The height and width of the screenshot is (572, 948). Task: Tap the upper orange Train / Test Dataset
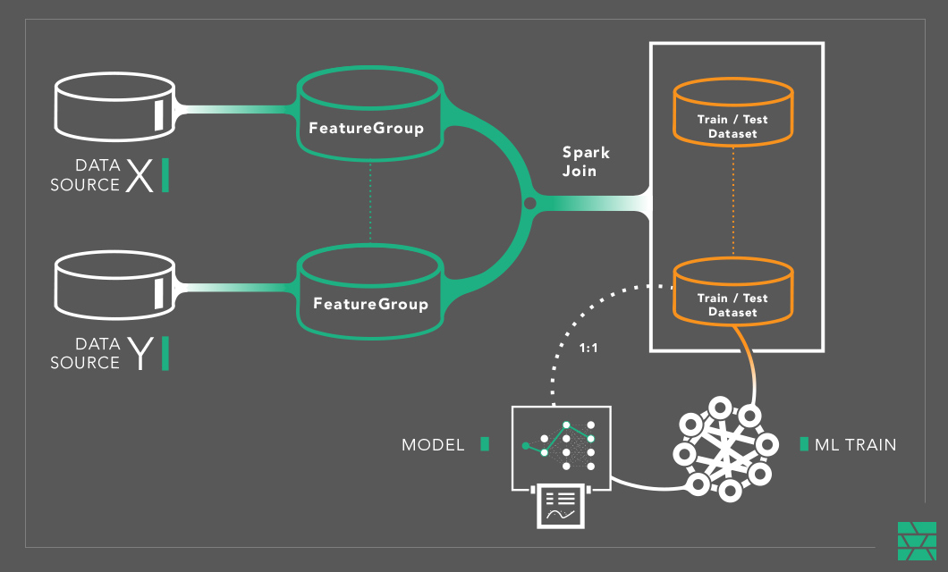pos(732,113)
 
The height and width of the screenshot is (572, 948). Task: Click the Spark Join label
pos(586,161)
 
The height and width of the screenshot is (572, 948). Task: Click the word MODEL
pos(433,444)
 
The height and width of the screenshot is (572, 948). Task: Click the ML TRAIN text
pos(855,444)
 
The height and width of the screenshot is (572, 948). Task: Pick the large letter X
pos(139,176)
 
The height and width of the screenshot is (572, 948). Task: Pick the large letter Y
pos(139,354)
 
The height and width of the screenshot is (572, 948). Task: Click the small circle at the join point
pos(529,204)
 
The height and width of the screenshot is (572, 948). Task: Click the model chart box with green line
pos(561,447)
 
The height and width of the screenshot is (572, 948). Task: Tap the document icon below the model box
pos(561,507)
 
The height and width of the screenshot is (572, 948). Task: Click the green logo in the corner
pos(917,541)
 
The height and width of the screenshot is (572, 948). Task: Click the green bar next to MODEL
pos(485,443)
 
